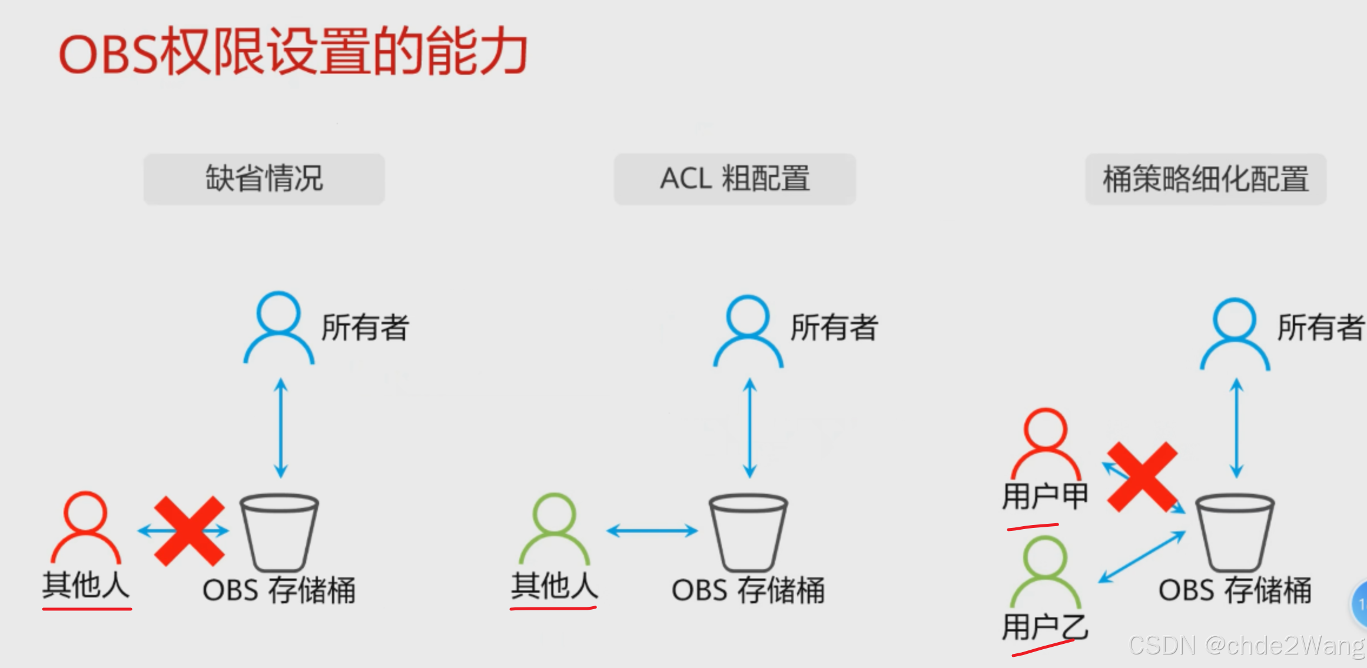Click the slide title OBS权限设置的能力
pos(293,52)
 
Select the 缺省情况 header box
pos(264,179)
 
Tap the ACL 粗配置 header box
pos(734,179)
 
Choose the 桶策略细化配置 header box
pos(1205,179)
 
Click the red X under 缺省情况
pos(189,531)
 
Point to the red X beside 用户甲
pos(1142,477)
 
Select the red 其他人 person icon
pos(85,527)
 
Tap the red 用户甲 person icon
pos(1046,444)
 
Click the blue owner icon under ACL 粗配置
pos(748,331)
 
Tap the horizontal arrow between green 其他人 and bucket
pos(652,531)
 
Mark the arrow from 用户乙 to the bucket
pos(1142,557)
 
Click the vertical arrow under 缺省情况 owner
pos(281,428)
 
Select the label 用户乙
pos(1045,626)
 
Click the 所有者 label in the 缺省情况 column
pos(365,328)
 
